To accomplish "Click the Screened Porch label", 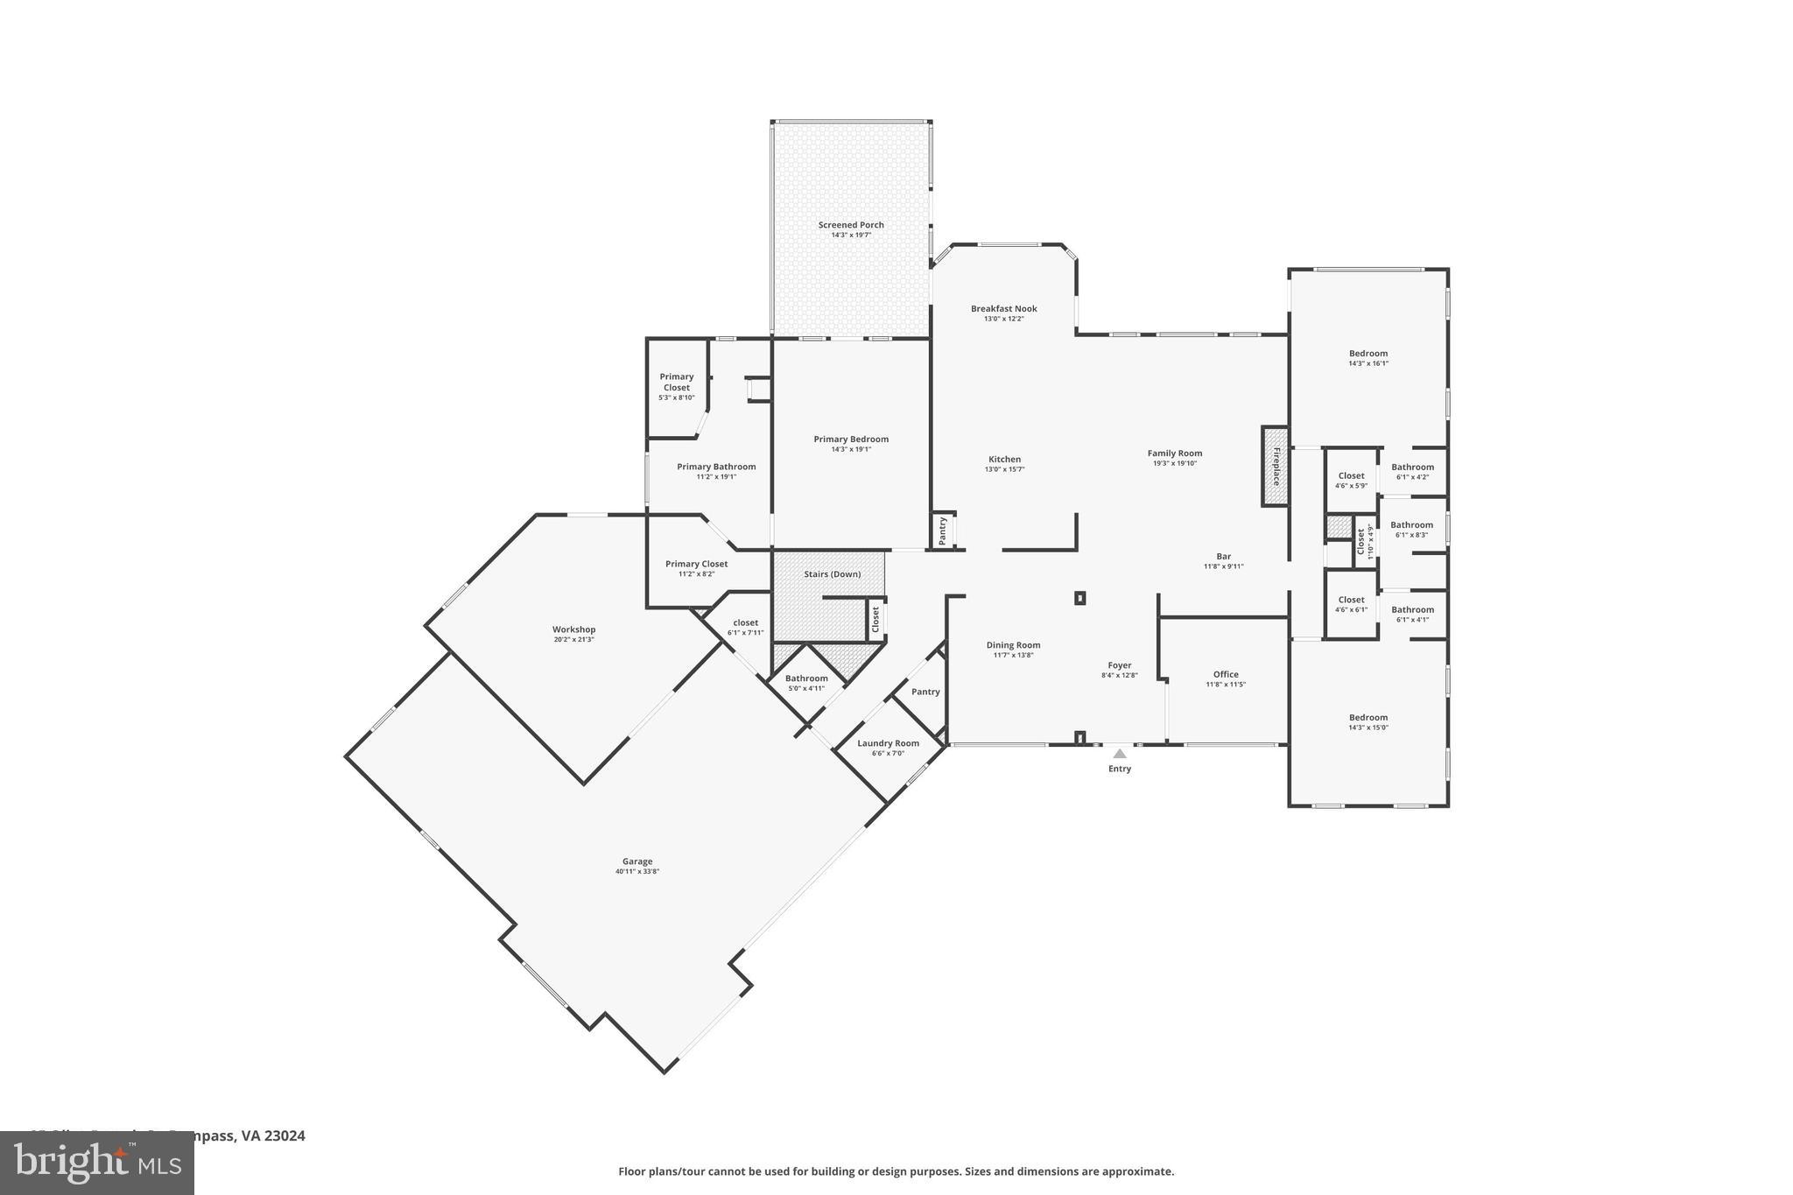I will (850, 225).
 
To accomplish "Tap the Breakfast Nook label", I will (1003, 309).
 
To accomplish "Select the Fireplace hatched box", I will (1275, 466).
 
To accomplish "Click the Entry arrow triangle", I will (1119, 753).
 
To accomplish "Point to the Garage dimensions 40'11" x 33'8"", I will (636, 871).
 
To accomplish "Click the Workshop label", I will (573, 629).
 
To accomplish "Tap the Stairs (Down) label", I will (832, 574).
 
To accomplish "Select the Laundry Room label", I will (888, 743).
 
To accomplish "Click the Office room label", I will (1226, 674).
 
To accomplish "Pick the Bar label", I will (1223, 557).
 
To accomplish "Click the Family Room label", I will (1174, 453).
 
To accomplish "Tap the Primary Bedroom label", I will (850, 439).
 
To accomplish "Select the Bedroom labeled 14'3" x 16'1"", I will (1368, 354).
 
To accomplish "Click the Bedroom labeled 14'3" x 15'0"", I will (1368, 718).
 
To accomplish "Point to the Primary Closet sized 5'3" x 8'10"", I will (676, 382).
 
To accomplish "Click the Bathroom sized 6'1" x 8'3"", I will (1411, 525).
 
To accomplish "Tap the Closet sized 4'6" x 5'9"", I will (1351, 476).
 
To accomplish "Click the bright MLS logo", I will (96, 1163).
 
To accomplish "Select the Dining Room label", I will (1013, 645).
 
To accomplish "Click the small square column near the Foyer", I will (1079, 598).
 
